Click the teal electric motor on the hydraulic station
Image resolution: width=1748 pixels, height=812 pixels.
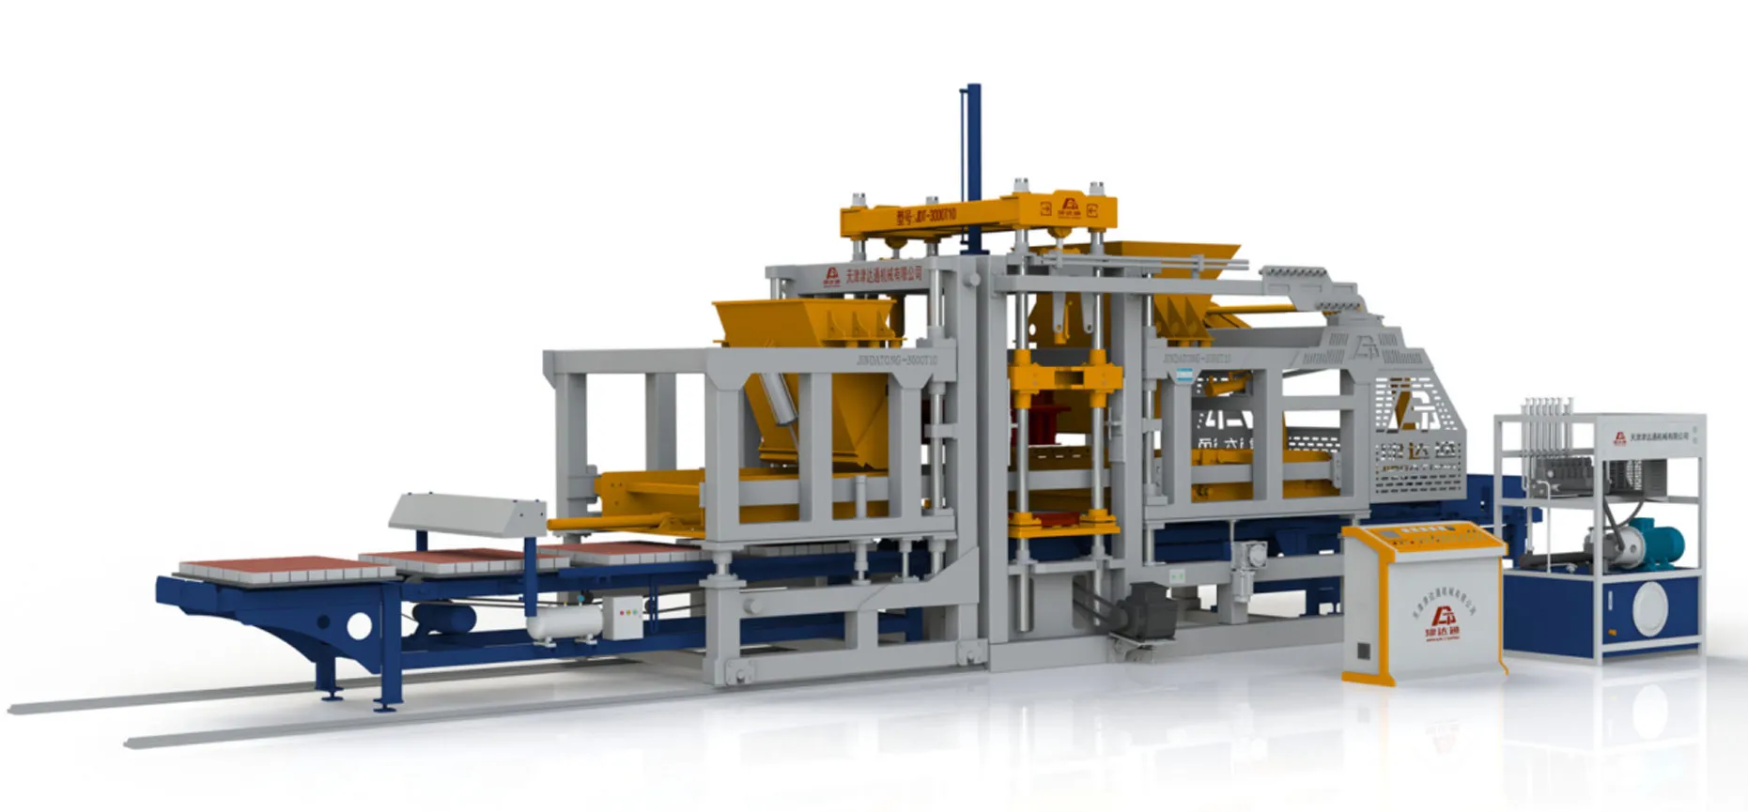pos(1657,542)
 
